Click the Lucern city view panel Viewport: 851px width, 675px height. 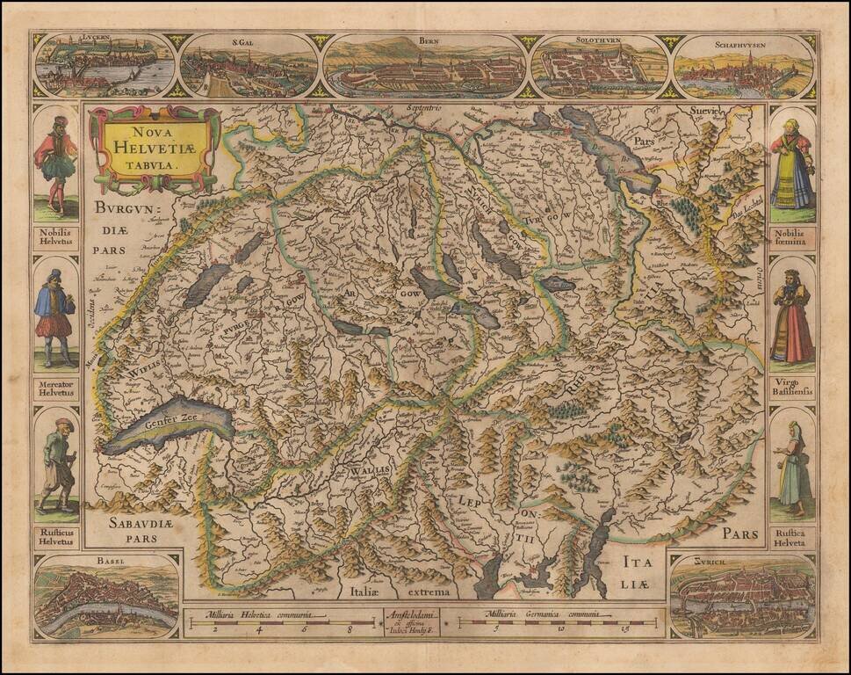(105, 66)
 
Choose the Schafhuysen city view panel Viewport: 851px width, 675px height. (744, 67)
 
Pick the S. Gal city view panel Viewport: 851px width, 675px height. (249, 67)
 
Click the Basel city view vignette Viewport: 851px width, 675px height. (106, 598)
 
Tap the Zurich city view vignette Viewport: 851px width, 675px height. (743, 598)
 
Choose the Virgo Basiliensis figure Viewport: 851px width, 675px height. (792, 318)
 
